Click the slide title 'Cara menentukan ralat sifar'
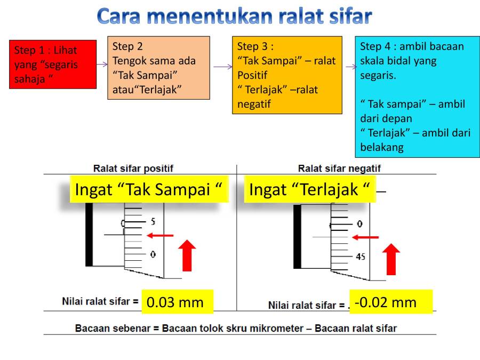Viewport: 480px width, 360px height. [x=234, y=17]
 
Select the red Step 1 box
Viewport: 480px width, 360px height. [x=53, y=64]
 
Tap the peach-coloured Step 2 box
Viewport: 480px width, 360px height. [x=158, y=68]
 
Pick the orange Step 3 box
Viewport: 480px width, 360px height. [x=287, y=75]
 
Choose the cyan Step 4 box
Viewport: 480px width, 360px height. [x=417, y=97]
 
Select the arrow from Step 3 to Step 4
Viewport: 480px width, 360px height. [x=350, y=67]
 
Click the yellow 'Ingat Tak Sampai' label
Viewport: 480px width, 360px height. [x=149, y=189]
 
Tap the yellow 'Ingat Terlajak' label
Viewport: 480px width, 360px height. [x=310, y=189]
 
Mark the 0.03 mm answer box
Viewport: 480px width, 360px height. [x=175, y=302]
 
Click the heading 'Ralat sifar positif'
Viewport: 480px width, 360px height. [x=133, y=169]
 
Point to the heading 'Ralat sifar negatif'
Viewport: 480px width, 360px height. [x=339, y=169]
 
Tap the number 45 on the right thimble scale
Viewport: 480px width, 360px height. [x=361, y=257]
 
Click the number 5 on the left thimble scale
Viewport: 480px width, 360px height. [x=153, y=221]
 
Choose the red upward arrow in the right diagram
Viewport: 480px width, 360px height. [x=392, y=259]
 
